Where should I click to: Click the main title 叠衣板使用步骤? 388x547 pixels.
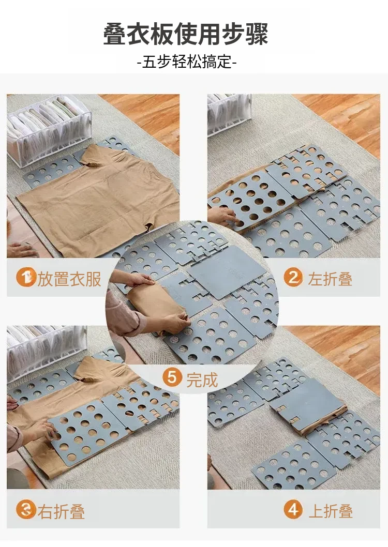pyautogui.click(x=186, y=34)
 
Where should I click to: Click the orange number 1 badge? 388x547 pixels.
pyautogui.click(x=26, y=278)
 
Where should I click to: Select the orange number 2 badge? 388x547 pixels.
pyautogui.click(x=293, y=278)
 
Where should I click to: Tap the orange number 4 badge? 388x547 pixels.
pyautogui.click(x=293, y=509)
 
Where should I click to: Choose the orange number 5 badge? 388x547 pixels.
pyautogui.click(x=172, y=378)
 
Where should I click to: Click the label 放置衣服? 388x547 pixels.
pyautogui.click(x=69, y=279)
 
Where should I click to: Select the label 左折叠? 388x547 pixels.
pyautogui.click(x=330, y=279)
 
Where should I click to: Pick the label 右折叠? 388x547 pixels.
pyautogui.click(x=61, y=511)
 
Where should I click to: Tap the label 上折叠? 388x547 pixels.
pyautogui.click(x=331, y=511)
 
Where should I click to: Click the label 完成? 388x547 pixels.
pyautogui.click(x=202, y=379)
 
